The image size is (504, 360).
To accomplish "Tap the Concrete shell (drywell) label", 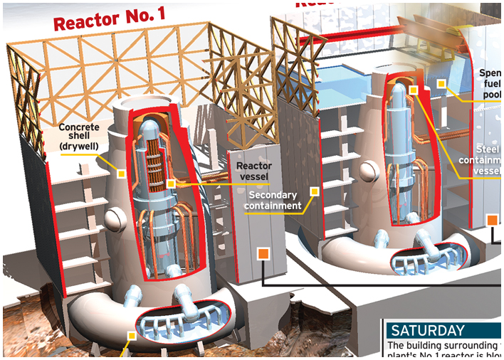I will (x=79, y=137).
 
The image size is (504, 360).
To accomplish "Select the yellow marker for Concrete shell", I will (x=122, y=174).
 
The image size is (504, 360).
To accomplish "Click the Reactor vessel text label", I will (x=253, y=171).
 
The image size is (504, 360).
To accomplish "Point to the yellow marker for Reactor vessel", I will (x=171, y=184).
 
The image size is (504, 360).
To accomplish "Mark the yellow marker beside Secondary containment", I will (x=314, y=191).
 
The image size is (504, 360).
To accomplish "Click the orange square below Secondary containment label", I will (x=263, y=254).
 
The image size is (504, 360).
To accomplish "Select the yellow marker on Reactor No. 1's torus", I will (x=131, y=336).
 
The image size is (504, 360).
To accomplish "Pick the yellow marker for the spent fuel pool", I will (x=441, y=85).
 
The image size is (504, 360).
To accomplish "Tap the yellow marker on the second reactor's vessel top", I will (x=413, y=90).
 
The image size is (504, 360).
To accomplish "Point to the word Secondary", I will (x=273, y=194).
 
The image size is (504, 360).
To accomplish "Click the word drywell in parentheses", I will (x=79, y=147).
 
